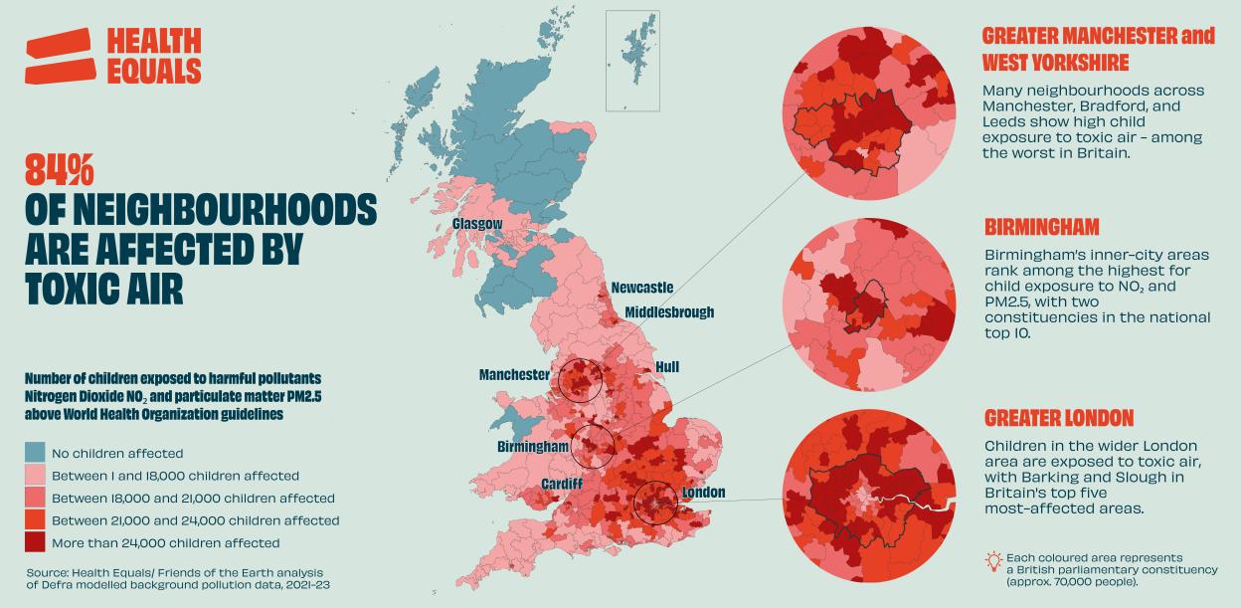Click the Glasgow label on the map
[477, 224]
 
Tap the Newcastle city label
[641, 288]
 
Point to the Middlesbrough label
[669, 312]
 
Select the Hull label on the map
[667, 367]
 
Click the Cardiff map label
[562, 484]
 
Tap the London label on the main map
[703, 493]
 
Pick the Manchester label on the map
[514, 375]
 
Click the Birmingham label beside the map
[533, 447]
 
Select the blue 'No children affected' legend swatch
[35, 453]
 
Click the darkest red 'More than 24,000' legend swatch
[35, 542]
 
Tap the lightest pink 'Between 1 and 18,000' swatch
[35, 476]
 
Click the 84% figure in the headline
[59, 171]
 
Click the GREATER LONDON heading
[1058, 418]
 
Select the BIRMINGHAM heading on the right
[1041, 227]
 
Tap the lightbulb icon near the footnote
[992, 562]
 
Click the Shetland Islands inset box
[632, 60]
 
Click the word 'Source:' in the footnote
[50, 572]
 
